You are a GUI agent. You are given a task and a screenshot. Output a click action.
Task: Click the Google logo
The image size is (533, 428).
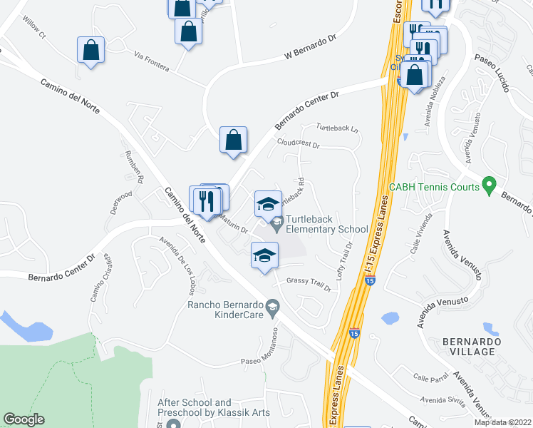(24, 420)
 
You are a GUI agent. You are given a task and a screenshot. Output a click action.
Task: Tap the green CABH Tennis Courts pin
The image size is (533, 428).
(488, 187)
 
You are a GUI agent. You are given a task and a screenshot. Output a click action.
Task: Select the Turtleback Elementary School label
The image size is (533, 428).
(326, 225)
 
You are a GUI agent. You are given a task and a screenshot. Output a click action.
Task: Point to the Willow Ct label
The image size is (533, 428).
(33, 29)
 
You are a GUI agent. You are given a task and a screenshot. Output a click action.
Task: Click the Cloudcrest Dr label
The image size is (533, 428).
(299, 143)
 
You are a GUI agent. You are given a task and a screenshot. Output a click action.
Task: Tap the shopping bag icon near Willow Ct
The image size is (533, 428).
(91, 50)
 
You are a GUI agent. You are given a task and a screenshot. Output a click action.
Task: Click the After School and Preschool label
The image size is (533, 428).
(195, 408)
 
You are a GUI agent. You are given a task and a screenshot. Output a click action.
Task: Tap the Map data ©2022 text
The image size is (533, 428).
(502, 422)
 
